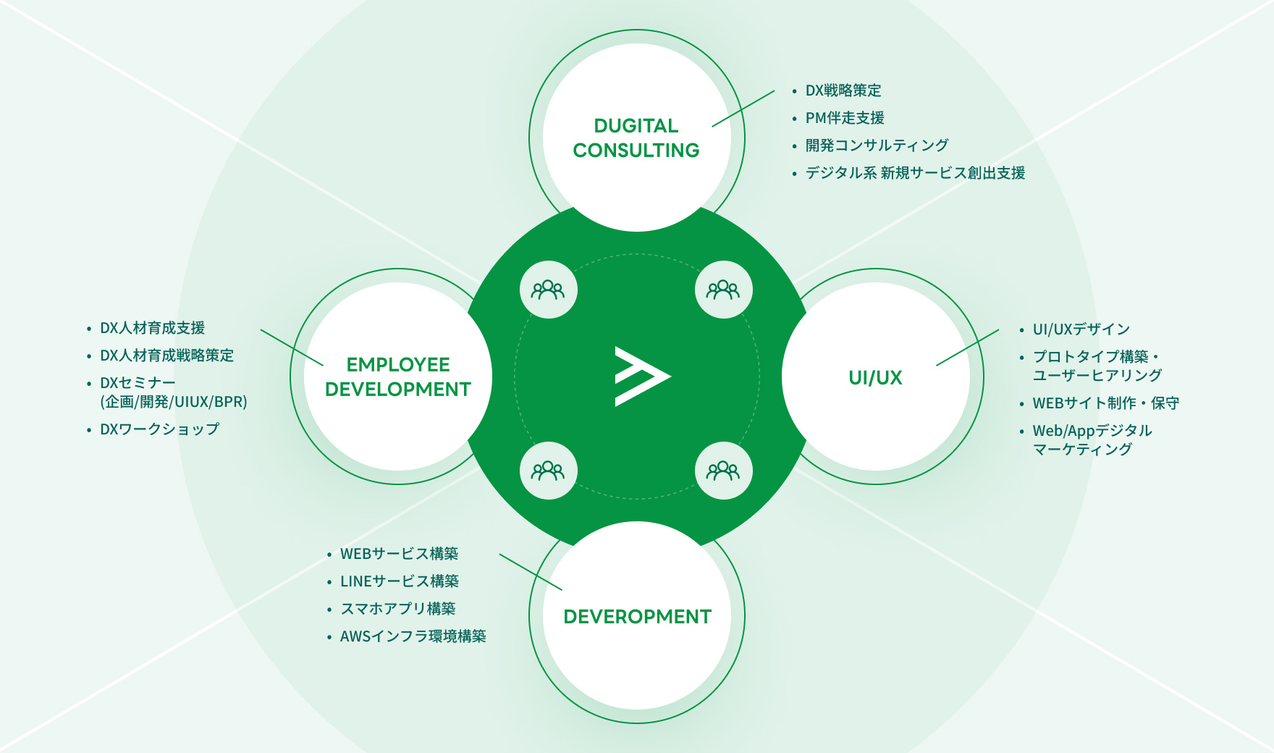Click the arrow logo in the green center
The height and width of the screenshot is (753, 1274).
[x=641, y=376]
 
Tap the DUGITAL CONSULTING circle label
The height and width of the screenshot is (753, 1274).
[x=636, y=138]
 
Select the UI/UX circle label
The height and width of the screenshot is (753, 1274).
[x=875, y=377]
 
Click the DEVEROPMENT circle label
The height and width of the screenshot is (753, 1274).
[x=637, y=616]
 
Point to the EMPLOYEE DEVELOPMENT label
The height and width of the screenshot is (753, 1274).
[x=398, y=376]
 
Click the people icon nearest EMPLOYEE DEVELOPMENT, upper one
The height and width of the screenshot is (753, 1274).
[x=548, y=290]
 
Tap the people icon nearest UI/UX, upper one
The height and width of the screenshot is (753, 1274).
[x=723, y=290]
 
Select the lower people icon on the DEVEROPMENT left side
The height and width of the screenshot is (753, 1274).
[x=548, y=471]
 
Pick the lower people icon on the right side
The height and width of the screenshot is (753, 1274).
[x=723, y=471]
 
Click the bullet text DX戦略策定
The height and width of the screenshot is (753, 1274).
[x=843, y=91]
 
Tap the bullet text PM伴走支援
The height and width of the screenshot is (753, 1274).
[x=845, y=118]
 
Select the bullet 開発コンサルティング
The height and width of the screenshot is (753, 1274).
[x=877, y=146]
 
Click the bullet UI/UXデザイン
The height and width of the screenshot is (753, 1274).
[x=1081, y=329]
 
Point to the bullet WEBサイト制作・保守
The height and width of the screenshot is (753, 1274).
[x=1105, y=403]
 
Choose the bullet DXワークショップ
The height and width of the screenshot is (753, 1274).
[x=159, y=429]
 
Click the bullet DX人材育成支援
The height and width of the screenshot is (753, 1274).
[x=152, y=328]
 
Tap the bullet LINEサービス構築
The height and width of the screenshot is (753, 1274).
[x=400, y=581]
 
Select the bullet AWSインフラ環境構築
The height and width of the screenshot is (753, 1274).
[x=413, y=636]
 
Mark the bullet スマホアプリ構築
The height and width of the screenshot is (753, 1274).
[x=397, y=609]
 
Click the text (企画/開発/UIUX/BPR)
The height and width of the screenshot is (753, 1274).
[x=174, y=402]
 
